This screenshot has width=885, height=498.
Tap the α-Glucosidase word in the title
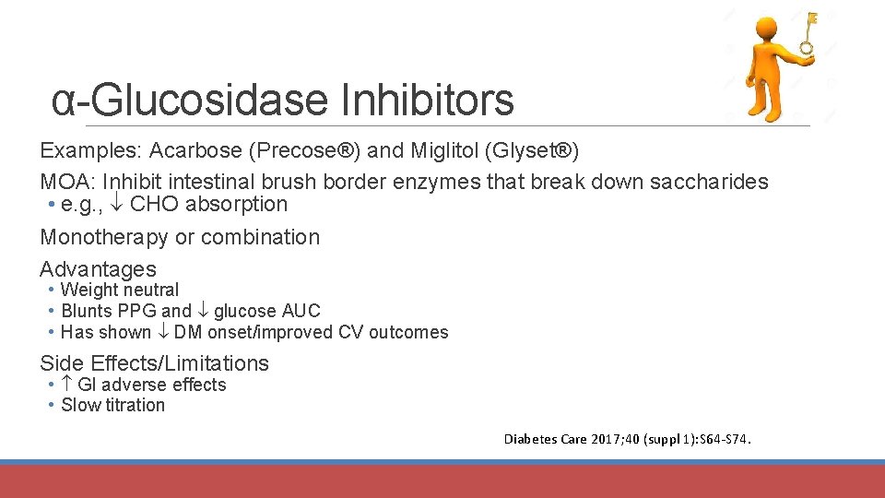coord(191,101)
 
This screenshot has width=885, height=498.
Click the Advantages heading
coord(98,269)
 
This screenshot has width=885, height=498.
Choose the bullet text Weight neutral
coord(120,290)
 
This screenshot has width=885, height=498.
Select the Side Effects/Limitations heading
coord(154,363)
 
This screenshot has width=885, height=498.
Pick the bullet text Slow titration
coord(112,406)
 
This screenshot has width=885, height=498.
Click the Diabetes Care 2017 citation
coord(628,439)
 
